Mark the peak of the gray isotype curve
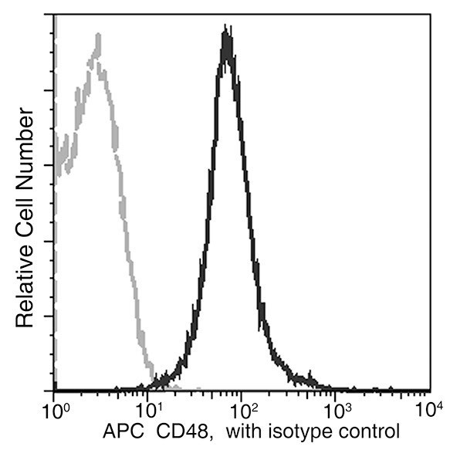click(97, 36)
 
